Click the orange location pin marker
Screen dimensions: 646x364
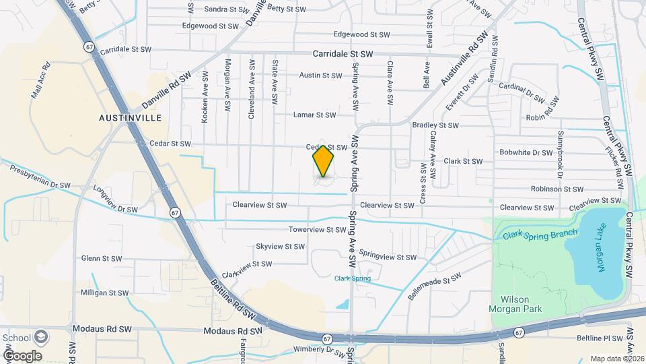tap(324, 161)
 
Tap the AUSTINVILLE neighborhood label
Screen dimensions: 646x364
tap(130, 117)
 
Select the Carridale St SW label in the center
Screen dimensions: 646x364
tap(343, 53)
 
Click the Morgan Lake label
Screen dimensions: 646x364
tap(602, 250)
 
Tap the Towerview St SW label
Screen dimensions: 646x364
tap(317, 230)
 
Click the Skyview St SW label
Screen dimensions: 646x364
tap(280, 247)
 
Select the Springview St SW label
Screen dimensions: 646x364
tap(388, 257)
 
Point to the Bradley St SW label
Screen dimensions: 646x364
tap(435, 125)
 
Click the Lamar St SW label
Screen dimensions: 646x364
tap(314, 115)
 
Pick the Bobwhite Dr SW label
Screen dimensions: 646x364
tap(525, 152)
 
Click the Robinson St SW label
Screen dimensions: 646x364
tap(557, 190)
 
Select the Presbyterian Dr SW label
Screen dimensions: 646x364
tap(40, 177)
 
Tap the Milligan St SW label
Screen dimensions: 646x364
tap(104, 293)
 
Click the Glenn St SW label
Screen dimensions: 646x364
tap(101, 258)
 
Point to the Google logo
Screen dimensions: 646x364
tap(23, 355)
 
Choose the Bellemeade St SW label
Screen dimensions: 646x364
tap(434, 286)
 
